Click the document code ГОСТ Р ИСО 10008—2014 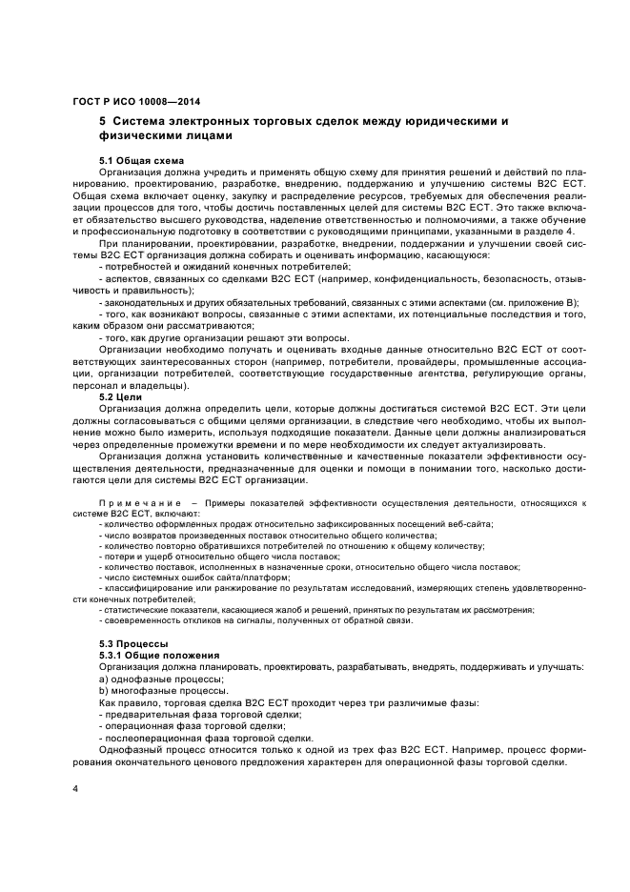click(x=136, y=103)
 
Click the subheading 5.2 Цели click(x=121, y=395)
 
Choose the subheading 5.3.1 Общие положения click(x=159, y=656)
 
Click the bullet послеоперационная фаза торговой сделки click(x=205, y=738)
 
